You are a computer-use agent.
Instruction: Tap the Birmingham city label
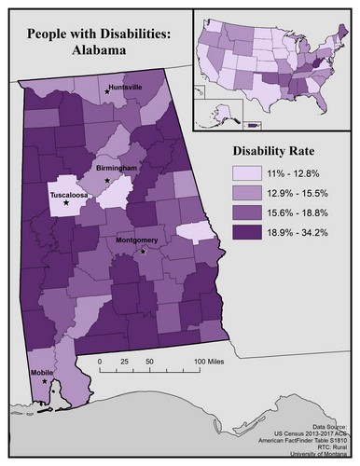click(117, 168)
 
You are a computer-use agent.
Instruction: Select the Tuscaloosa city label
click(69, 197)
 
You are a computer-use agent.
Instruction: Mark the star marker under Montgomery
click(143, 251)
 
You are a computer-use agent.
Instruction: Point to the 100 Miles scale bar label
click(213, 361)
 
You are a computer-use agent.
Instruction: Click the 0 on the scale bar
click(100, 361)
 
